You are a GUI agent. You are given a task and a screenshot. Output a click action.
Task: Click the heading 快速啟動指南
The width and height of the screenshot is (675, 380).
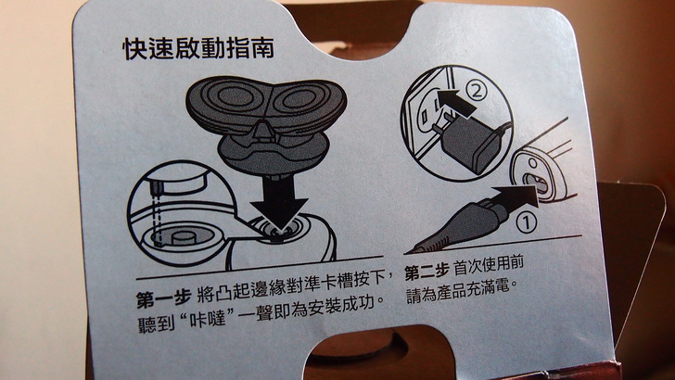198,48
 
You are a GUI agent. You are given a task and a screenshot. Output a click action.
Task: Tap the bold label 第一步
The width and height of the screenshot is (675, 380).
163,298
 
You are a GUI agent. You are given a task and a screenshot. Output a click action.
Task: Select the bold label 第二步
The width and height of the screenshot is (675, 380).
427,272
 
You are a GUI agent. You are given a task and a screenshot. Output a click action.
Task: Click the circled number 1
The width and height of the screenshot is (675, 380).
527,223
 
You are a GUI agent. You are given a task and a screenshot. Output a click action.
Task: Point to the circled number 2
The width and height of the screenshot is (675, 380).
477,91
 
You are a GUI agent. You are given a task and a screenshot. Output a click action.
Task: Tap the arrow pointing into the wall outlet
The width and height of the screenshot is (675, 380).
455,103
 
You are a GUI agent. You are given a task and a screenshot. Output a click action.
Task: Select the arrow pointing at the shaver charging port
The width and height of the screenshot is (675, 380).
516,199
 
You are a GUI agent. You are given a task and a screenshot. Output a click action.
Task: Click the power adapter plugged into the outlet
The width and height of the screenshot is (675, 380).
469,141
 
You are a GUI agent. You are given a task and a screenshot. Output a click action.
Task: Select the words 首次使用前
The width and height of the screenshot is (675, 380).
489,265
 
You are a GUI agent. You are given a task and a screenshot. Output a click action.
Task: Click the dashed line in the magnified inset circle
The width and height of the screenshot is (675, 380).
157,214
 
